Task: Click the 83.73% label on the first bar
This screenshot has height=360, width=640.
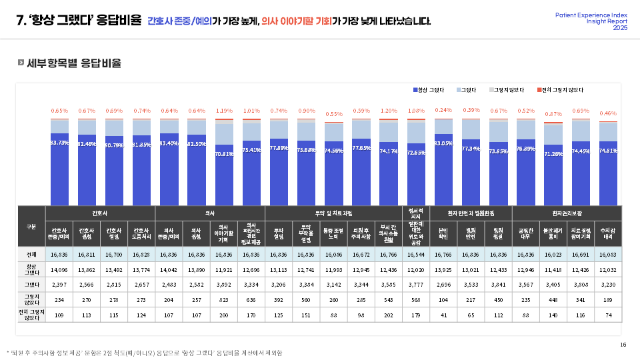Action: point(59,143)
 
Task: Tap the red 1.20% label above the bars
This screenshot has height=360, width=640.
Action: point(388,111)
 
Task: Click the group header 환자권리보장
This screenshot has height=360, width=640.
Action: point(567,213)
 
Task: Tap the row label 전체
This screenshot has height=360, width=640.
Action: point(31,254)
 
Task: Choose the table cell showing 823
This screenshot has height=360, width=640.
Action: point(224,300)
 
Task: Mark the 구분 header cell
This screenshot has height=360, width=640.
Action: point(31,226)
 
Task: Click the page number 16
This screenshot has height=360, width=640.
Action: point(623,344)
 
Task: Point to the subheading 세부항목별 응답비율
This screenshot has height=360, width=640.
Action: point(74,63)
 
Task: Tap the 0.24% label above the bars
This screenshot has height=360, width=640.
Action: point(443,110)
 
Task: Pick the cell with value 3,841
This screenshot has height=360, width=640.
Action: point(498,285)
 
